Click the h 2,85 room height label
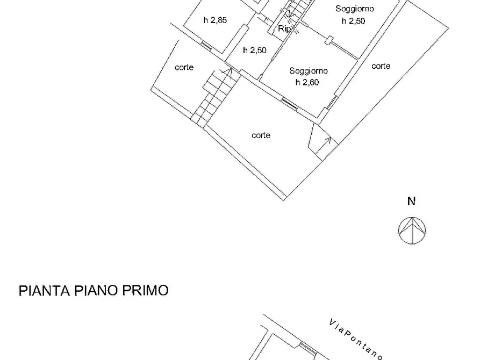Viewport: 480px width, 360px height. click(215, 21)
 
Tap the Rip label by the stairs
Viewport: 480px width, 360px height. click(284, 29)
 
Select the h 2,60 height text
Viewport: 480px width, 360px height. click(307, 82)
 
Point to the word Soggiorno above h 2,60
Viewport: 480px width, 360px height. click(309, 71)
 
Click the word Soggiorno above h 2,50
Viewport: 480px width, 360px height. click(355, 9)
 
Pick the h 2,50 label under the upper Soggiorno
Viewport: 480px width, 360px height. click(353, 21)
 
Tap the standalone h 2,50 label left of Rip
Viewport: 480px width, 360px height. click(254, 51)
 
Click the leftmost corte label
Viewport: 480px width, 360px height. click(184, 68)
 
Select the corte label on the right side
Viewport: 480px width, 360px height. click(381, 66)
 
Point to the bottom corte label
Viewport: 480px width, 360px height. click(261, 135)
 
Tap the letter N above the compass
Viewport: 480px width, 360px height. click(411, 202)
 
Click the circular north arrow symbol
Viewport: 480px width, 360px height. click(412, 230)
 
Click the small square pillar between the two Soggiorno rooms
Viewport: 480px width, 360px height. click(329, 39)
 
